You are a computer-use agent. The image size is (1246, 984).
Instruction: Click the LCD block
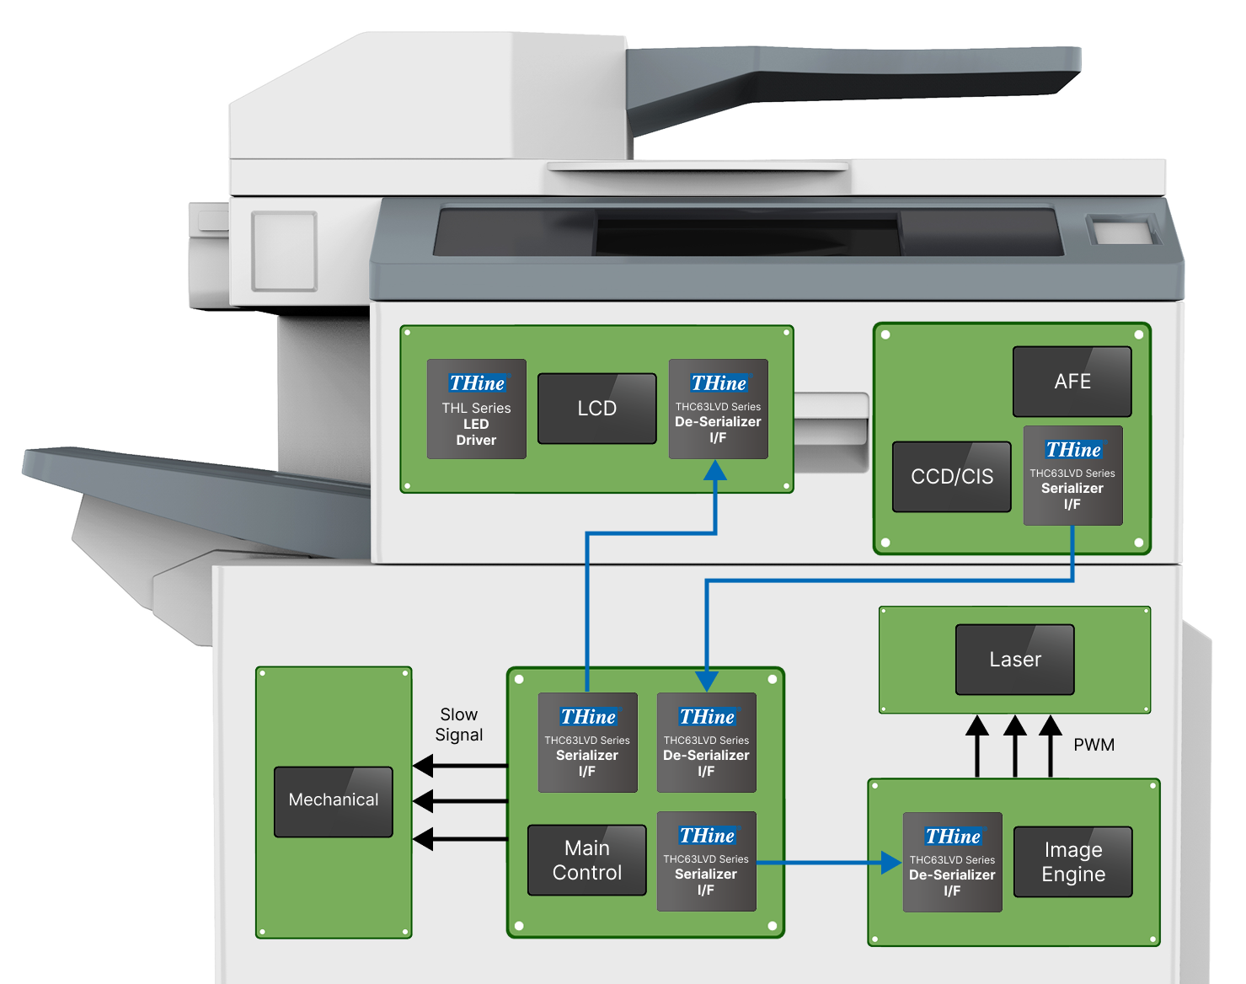[x=596, y=409]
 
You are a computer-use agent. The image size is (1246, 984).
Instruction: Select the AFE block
[x=1072, y=382]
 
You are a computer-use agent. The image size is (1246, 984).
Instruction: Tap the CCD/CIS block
[x=951, y=477]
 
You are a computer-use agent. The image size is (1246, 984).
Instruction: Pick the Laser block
[x=1014, y=660]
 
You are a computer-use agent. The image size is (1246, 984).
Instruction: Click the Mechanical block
[x=333, y=800]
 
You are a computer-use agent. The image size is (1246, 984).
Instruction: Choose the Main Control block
[x=586, y=860]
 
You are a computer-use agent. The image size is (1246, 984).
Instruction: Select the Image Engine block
[x=1072, y=862]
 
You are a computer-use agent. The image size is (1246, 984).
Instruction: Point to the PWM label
[x=1094, y=745]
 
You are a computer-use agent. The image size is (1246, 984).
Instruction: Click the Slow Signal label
[x=459, y=725]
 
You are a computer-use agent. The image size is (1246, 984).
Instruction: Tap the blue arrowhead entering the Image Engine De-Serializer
[x=891, y=862]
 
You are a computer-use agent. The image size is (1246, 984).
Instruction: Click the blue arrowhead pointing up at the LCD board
[x=715, y=470]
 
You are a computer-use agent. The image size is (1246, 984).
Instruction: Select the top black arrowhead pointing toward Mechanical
[x=423, y=765]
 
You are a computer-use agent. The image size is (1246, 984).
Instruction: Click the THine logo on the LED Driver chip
[x=477, y=383]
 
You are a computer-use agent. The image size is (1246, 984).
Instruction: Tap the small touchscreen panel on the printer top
[x=1122, y=232]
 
